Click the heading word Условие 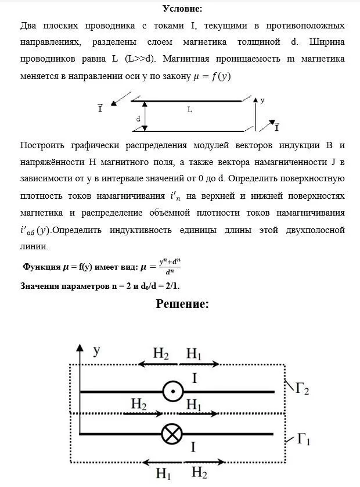[x=182, y=8]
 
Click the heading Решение [x=182, y=304]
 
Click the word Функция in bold [x=42, y=267]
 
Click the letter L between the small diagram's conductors [x=190, y=109]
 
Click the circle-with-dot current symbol [x=172, y=392]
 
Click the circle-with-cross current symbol [x=172, y=434]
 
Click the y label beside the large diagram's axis [x=97, y=350]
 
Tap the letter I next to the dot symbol [x=195, y=378]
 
